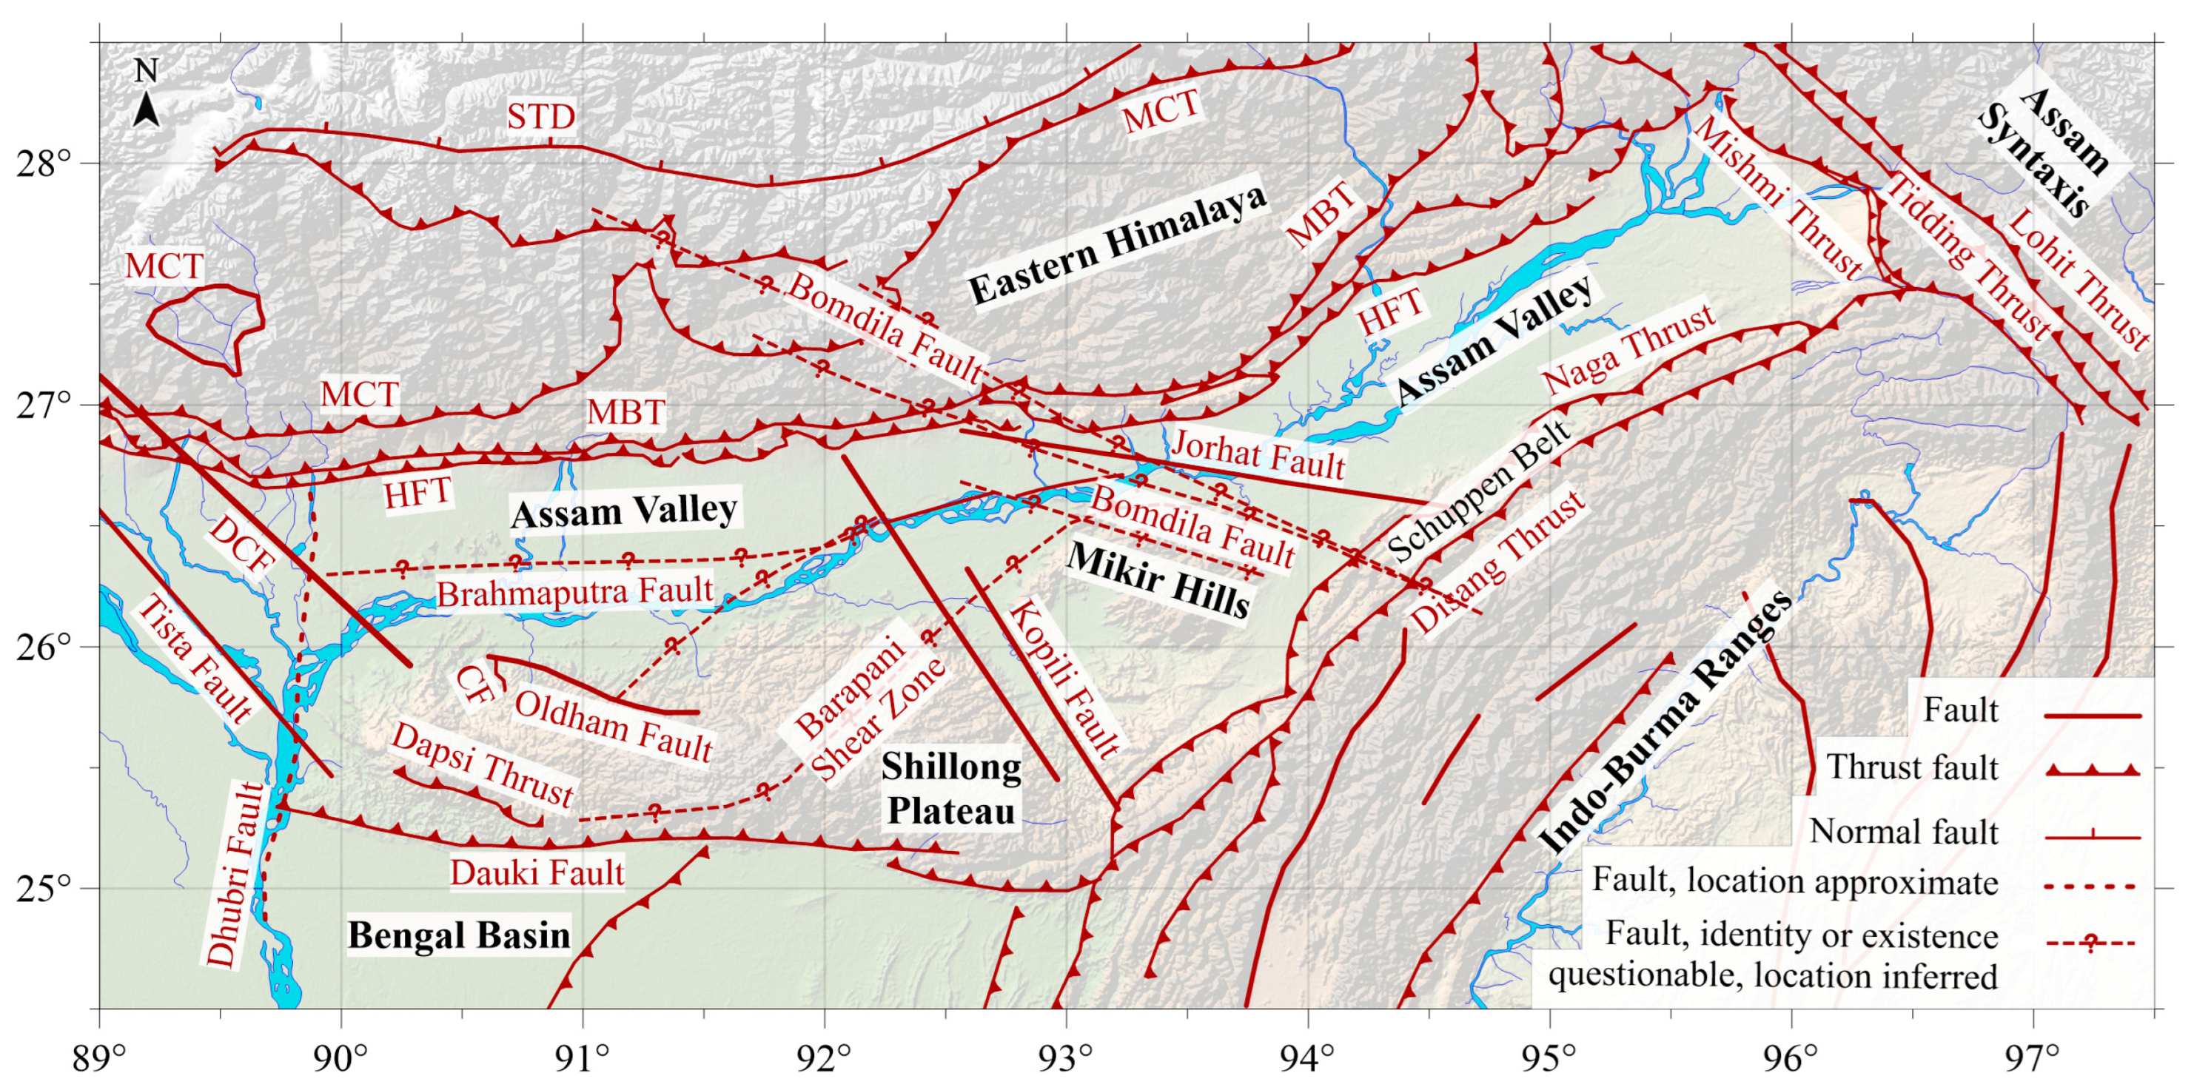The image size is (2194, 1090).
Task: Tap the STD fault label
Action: tap(541, 116)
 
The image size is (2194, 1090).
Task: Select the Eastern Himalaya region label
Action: tap(1118, 244)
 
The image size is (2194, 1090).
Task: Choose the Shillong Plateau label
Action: tap(950, 789)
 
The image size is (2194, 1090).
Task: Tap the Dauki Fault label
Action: tap(537, 873)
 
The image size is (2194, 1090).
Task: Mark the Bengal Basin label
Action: tap(459, 935)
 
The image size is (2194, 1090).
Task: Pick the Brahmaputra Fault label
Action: tap(574, 591)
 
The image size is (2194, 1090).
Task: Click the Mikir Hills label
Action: tap(1158, 581)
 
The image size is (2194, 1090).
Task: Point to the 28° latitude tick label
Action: tap(44, 163)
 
